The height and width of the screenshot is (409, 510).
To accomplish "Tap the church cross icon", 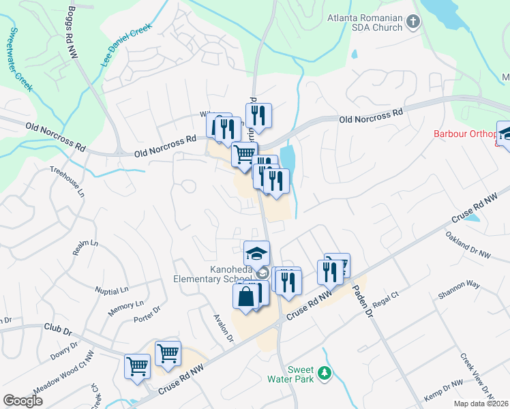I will coord(412,22).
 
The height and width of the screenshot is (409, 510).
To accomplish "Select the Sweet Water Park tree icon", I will coord(325,372).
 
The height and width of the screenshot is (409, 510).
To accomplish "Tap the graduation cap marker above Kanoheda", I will coord(256,253).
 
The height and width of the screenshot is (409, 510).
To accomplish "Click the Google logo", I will coord(22,401).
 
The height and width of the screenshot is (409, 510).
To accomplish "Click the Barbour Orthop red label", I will coord(468,133).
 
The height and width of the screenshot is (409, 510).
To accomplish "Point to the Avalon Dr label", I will coord(224,328).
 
